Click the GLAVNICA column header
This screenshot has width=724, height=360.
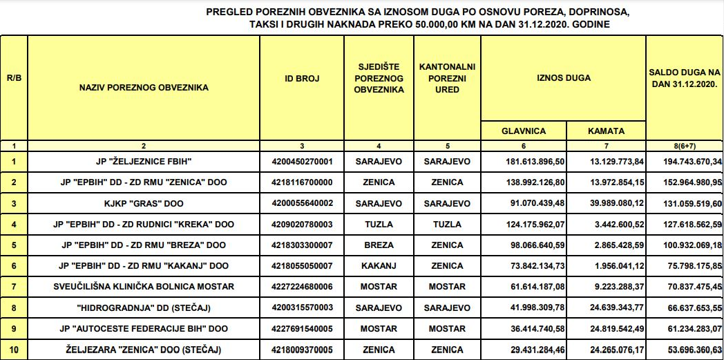pyautogui.click(x=523, y=131)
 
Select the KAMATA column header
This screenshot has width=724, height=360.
pyautogui.click(x=606, y=131)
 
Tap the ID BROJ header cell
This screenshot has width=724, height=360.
pyautogui.click(x=302, y=79)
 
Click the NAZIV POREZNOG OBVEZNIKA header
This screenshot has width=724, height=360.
pyautogui.click(x=144, y=88)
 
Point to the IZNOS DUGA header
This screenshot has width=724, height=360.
pyautogui.click(x=563, y=78)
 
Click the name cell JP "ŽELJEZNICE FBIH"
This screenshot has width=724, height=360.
pyautogui.click(x=144, y=162)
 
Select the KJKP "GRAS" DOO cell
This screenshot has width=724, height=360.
pyautogui.click(x=144, y=203)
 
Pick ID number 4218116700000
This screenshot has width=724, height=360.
pyautogui.click(x=302, y=182)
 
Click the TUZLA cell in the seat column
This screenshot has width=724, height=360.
pyautogui.click(x=379, y=224)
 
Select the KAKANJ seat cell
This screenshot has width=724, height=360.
pyautogui.click(x=379, y=265)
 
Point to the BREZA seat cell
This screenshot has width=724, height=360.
pyautogui.click(x=379, y=245)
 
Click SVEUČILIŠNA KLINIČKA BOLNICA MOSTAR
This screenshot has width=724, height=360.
pyautogui.click(x=144, y=286)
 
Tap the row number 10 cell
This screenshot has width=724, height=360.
pyautogui.click(x=14, y=350)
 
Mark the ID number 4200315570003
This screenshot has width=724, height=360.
pyautogui.click(x=302, y=307)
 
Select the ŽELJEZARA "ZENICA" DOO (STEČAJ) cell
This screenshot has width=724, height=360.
pyautogui.click(x=144, y=350)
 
